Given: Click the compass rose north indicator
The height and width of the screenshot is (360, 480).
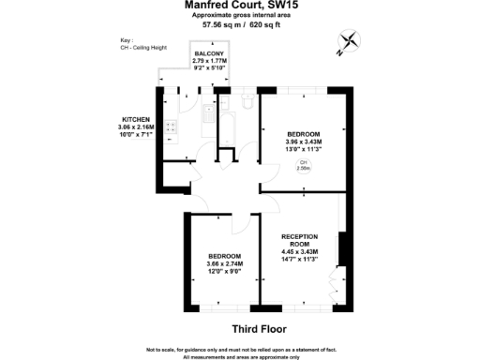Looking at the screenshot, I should (350, 40).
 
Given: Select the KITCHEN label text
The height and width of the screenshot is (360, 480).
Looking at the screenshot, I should (137, 119).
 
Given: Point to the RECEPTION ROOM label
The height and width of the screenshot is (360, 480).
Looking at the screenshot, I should (300, 240).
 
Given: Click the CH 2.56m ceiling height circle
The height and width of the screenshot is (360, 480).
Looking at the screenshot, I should (304, 166).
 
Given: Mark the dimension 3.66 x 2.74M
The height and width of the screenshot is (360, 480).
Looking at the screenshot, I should (225, 263).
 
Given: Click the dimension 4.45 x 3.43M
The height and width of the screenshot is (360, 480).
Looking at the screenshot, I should (300, 251).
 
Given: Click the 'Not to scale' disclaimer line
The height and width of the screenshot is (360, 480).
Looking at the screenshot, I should (241, 349).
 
